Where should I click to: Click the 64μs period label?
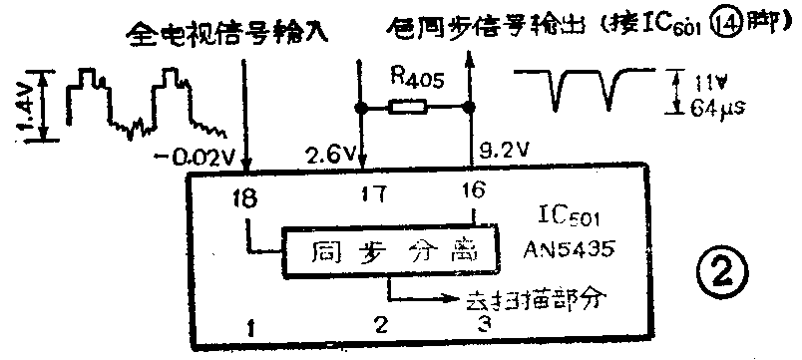tap(719, 104)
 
